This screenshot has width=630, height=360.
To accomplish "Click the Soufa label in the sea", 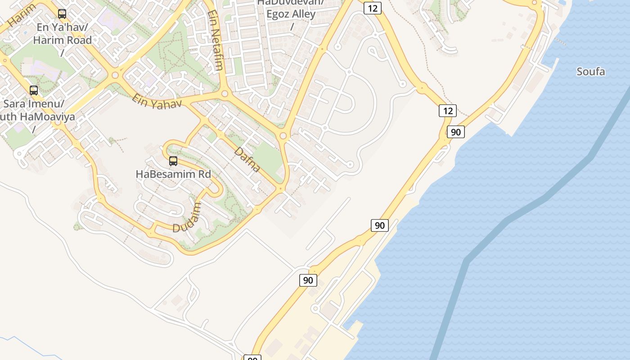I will point(590,72).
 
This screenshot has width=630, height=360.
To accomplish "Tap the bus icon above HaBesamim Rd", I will point(173,161).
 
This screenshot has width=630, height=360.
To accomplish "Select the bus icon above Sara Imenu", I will point(34,90).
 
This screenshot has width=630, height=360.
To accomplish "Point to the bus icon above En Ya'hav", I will point(62,14).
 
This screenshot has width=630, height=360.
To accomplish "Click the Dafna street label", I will point(247,160).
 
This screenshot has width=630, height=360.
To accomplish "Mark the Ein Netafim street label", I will point(216,40).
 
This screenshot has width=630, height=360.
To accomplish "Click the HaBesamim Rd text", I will point(173,174).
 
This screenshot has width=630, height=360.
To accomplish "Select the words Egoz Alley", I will point(291,14).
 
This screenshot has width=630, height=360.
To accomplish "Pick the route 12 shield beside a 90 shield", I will point(448,111).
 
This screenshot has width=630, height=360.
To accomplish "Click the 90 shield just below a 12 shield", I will point(456,132).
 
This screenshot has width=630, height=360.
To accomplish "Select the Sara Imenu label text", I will point(34,103).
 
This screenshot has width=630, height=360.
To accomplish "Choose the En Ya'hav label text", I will point(62,27).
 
